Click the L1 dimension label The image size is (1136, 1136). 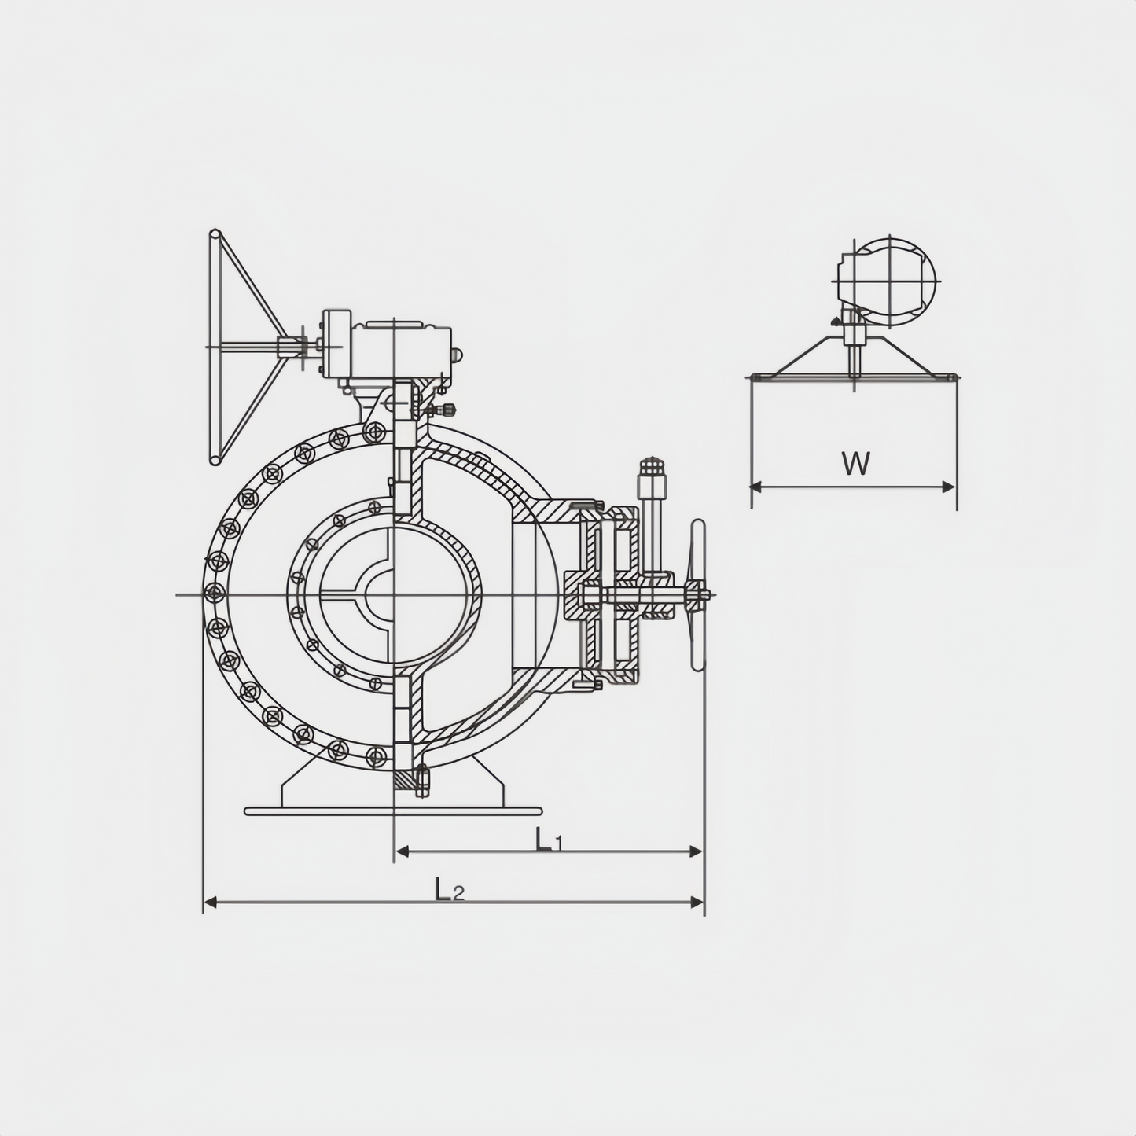point(548,840)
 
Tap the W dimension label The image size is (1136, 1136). point(855,463)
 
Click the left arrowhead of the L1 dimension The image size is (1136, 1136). point(403,851)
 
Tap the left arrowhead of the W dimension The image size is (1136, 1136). point(758,487)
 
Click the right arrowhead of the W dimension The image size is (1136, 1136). point(948,487)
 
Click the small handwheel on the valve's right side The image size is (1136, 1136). point(698,595)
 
